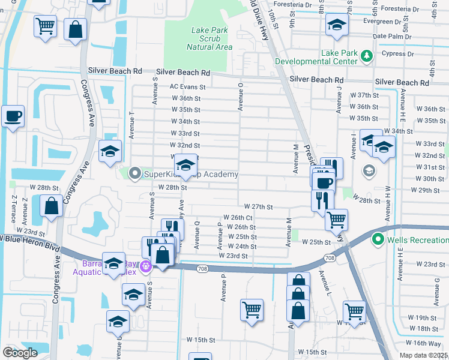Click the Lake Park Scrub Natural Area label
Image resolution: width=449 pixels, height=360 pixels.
click(x=209, y=38)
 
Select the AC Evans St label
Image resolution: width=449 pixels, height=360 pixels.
click(x=187, y=86)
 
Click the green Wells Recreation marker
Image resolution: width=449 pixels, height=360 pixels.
click(x=378, y=240)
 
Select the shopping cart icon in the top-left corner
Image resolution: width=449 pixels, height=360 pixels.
click(x=45, y=26)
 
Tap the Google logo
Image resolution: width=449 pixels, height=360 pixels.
click(x=20, y=353)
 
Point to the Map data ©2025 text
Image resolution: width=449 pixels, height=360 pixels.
click(x=423, y=355)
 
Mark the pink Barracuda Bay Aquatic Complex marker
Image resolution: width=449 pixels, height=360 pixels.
click(x=145, y=266)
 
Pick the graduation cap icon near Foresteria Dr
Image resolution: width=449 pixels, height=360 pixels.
click(x=337, y=25)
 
